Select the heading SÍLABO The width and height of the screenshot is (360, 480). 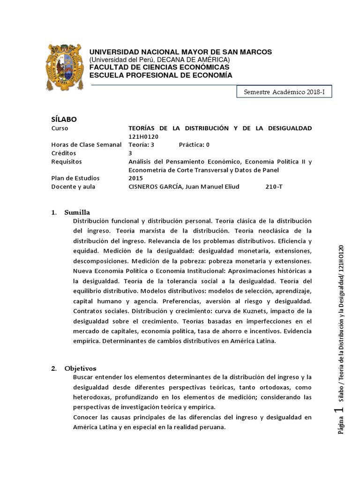pyautogui.click(x=63, y=119)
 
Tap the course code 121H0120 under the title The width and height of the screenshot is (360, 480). pyautogui.click(x=144, y=136)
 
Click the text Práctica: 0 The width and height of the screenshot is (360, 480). pyautogui.click(x=194, y=145)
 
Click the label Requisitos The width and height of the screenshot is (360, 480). pyautogui.click(x=66, y=162)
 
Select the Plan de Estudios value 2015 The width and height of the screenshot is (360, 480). pyautogui.click(x=135, y=178)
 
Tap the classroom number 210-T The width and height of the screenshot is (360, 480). pyautogui.click(x=274, y=187)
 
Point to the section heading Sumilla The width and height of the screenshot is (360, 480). pyautogui.click(x=77, y=212)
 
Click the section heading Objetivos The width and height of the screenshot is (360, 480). pyautogui.click(x=80, y=368)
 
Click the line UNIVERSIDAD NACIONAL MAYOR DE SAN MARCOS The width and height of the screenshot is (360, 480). pyautogui.click(x=180, y=52)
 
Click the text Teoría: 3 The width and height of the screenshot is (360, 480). pyautogui.click(x=141, y=145)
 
